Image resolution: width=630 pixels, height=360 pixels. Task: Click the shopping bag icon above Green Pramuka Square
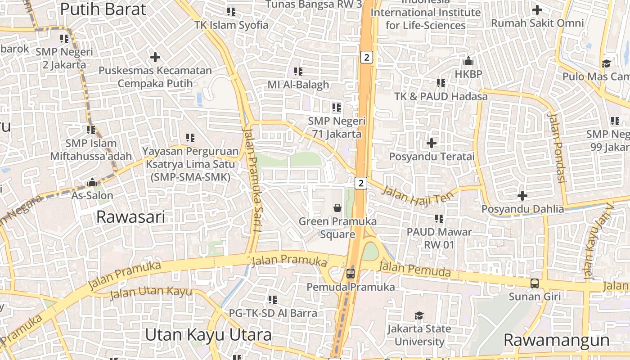point(337,207)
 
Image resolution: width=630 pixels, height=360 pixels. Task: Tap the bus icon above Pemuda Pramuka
point(351,273)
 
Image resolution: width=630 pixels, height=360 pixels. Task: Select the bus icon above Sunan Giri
point(535,283)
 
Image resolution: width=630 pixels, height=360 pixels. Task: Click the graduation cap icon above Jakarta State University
point(419,315)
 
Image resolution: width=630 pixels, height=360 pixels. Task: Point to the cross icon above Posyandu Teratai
point(432,143)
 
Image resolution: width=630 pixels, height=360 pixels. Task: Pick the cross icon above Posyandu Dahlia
point(522,196)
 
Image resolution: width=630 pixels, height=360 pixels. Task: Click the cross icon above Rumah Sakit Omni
point(537,9)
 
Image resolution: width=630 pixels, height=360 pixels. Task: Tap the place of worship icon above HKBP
point(468,61)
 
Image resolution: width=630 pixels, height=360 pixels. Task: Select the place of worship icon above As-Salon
point(93,182)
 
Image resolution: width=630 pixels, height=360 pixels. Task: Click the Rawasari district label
point(130,217)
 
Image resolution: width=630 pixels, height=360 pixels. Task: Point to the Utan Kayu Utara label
point(208,335)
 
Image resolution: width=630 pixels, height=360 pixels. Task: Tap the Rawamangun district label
point(556,340)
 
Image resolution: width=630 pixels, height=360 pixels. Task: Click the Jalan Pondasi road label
point(556,148)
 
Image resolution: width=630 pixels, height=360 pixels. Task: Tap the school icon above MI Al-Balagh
point(298,71)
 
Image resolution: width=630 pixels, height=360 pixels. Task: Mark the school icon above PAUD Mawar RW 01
point(439,219)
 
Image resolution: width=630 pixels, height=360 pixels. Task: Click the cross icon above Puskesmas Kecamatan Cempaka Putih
point(155,57)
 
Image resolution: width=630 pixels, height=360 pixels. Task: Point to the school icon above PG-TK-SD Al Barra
point(273,299)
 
